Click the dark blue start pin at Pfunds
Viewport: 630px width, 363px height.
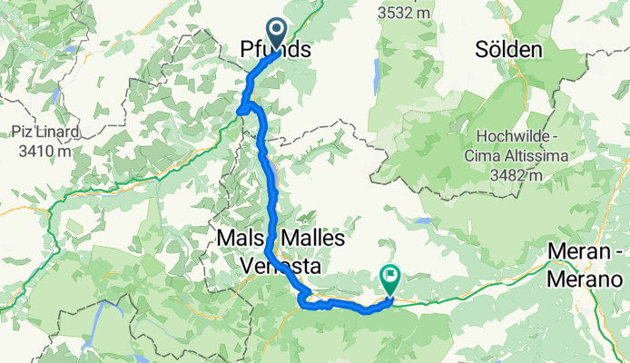276,33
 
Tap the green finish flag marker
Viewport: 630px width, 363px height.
391,275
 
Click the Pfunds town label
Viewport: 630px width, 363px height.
276,51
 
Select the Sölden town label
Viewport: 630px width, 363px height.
507,49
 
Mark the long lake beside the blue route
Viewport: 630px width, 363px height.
271,171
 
